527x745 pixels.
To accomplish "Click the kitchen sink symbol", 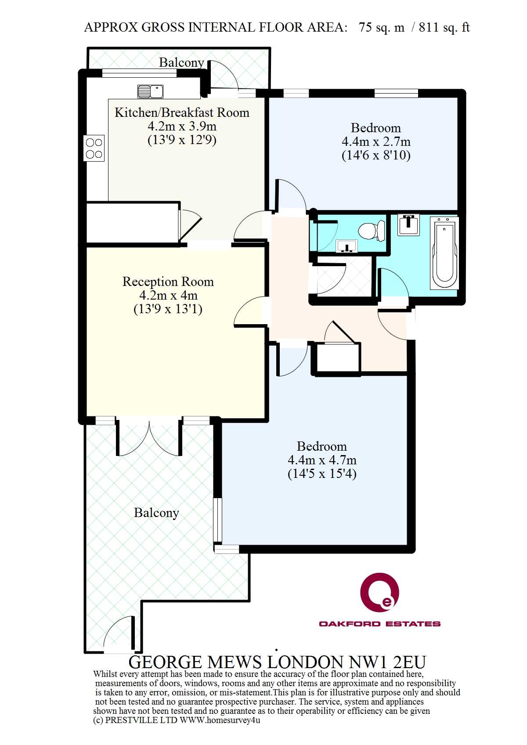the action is coord(150,91).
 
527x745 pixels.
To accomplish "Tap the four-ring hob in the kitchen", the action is coord(94,148).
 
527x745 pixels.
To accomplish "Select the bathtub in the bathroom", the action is coord(444,253).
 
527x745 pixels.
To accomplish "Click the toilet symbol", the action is coord(372,230).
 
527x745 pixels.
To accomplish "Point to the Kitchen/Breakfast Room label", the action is coord(182,112).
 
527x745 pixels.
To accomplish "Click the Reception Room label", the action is coord(168,282).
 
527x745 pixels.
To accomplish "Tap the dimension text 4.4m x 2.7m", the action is coord(376,142).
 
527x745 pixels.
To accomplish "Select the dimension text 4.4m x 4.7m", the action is coord(322,460).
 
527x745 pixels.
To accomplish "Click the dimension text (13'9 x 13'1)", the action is coord(168,309).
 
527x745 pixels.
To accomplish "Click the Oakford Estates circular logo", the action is coord(380,590).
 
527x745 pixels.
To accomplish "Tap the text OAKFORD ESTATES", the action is coord(380,624).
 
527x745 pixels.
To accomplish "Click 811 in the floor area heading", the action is coord(429,27).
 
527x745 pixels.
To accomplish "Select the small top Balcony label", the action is coord(181,62).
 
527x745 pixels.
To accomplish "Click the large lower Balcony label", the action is coord(156,513).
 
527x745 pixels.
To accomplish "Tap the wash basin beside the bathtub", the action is coord(408,225).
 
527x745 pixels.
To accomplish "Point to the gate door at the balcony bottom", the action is coord(119,633).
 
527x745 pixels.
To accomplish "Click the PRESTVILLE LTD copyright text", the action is coord(176,720).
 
